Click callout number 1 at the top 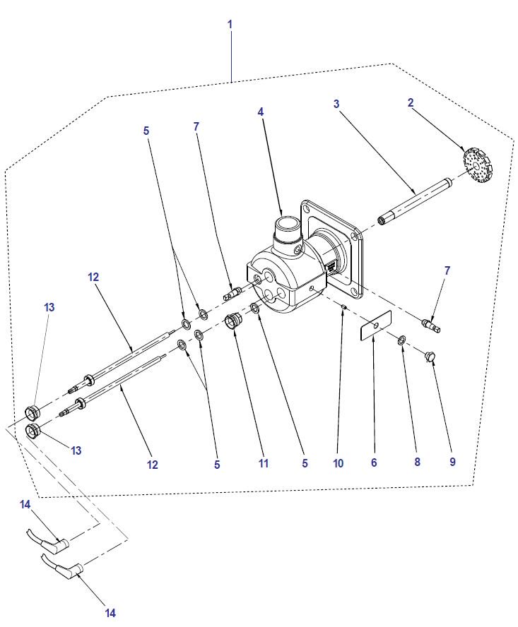pyautogui.click(x=230, y=24)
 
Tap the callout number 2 pyautogui.click(x=411, y=103)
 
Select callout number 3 pyautogui.click(x=336, y=104)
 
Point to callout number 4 pyautogui.click(x=261, y=112)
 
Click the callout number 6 pyautogui.click(x=374, y=462)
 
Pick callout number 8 pyautogui.click(x=417, y=462)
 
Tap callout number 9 pyautogui.click(x=452, y=462)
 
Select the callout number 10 pyautogui.click(x=339, y=462)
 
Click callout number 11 pyautogui.click(x=264, y=462)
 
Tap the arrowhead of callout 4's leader pyautogui.click(x=281, y=214)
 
